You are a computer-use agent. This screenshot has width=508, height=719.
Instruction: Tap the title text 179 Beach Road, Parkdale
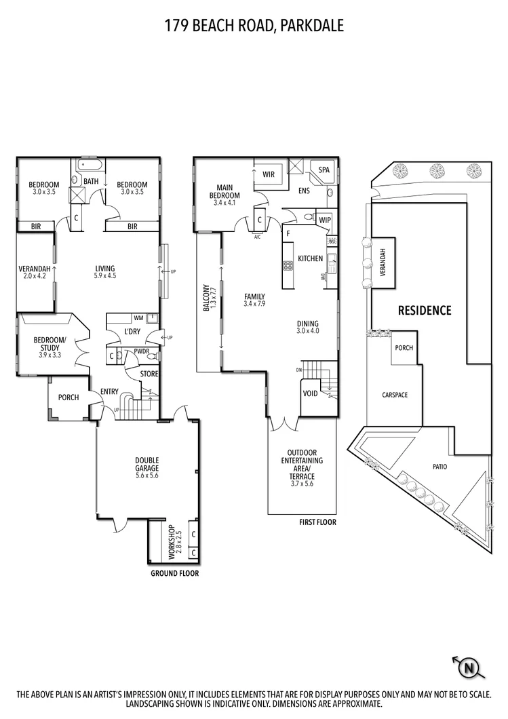254,26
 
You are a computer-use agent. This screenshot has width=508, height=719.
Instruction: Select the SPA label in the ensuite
324,170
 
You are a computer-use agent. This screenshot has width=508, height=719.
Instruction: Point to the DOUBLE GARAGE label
147,467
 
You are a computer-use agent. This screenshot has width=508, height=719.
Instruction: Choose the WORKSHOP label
170,541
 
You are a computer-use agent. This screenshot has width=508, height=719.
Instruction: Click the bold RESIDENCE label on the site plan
424,311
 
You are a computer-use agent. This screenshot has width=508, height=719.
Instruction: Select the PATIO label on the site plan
440,467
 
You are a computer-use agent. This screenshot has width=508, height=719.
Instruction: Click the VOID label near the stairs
311,393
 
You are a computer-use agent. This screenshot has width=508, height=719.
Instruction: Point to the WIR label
269,174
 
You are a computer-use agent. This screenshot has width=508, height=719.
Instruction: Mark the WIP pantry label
324,220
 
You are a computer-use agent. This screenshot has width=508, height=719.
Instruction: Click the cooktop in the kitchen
288,265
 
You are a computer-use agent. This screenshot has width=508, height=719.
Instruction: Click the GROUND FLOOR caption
174,573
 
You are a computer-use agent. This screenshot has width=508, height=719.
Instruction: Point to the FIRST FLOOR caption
317,522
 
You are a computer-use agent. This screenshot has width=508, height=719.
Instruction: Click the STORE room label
149,374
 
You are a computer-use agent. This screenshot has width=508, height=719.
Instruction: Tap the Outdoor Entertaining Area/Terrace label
302,464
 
